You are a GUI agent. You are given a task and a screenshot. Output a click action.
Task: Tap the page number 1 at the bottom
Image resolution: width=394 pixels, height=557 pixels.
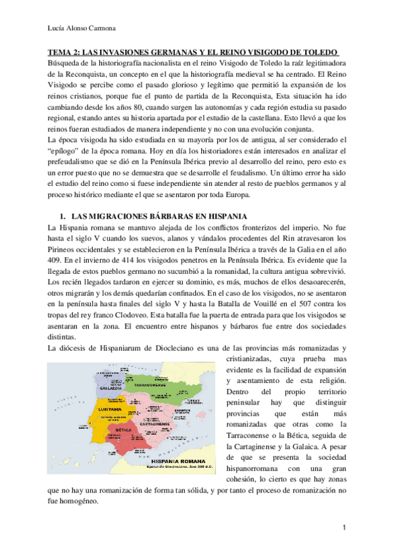(x=345, y=527)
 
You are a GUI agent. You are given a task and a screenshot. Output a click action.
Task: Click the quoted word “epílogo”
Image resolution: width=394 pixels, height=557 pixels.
(x=64, y=152)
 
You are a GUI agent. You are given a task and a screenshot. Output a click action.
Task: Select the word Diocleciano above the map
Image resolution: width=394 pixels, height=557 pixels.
(x=174, y=349)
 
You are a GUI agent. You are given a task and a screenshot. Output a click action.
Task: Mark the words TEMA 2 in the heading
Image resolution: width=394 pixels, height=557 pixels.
(x=63, y=52)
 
